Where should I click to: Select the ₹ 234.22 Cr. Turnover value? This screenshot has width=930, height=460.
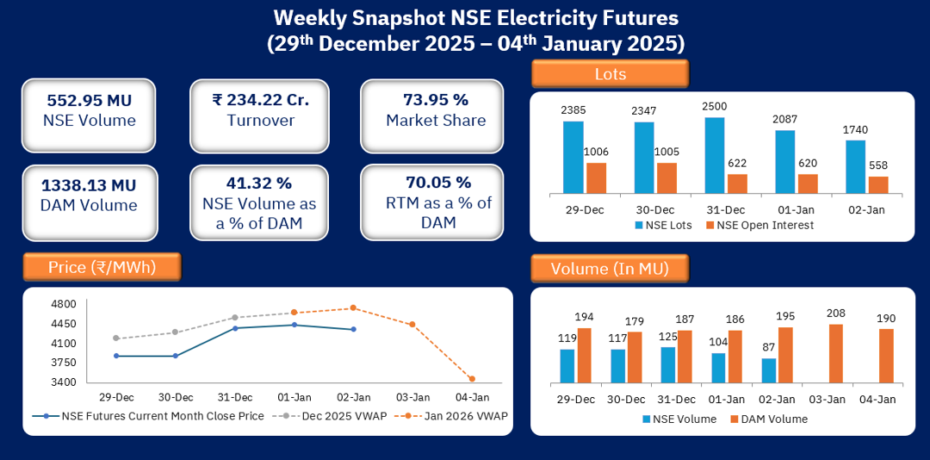260,100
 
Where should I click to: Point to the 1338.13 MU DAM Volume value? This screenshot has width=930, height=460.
89,185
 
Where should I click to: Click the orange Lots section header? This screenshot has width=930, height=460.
611,74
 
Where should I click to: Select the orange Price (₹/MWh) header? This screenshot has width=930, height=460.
102,267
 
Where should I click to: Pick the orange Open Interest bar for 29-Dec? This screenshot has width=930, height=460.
596,177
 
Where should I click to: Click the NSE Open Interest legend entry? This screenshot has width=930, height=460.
759,225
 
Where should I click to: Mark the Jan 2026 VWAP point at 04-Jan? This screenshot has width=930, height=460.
471,379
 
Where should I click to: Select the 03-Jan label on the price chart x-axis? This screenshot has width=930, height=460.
412,397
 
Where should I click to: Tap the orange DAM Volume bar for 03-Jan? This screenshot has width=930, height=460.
835,353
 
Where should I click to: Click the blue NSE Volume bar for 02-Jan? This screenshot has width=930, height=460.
769,370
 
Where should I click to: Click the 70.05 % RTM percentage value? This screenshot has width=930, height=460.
438,183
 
